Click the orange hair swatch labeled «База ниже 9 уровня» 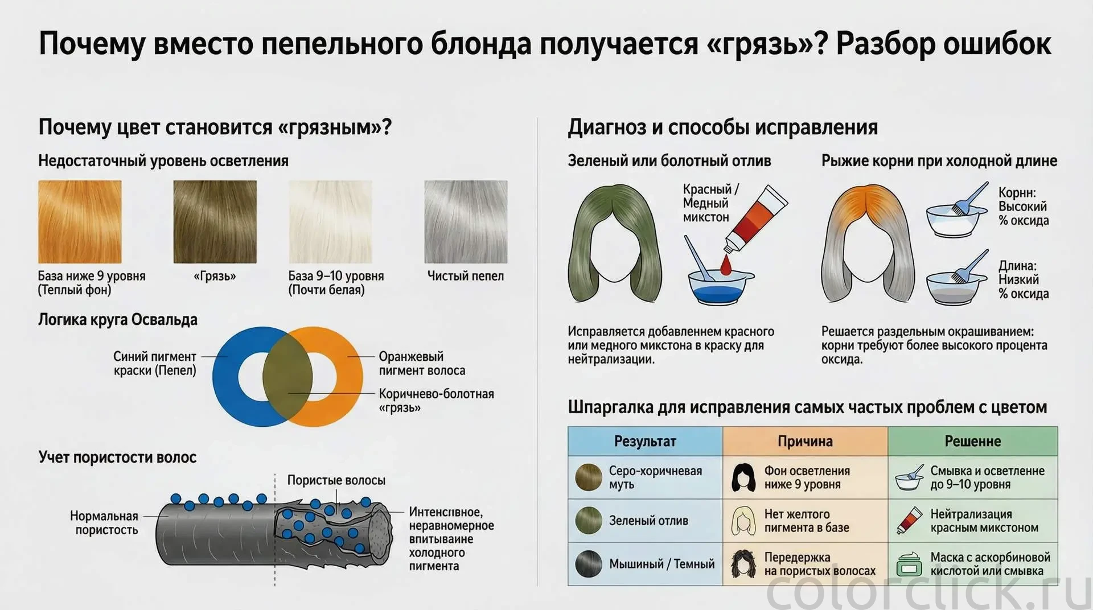point(80,222)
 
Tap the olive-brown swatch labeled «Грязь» point(215,222)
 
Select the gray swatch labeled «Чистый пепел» point(466,222)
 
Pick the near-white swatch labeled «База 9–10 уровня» point(330,222)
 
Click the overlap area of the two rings point(287,377)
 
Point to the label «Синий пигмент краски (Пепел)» point(155,364)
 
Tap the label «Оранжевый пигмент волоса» point(422,364)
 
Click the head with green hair point(615,243)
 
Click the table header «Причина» point(805,441)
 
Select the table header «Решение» point(973,441)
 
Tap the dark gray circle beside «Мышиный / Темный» point(589,564)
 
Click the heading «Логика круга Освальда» point(118,320)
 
